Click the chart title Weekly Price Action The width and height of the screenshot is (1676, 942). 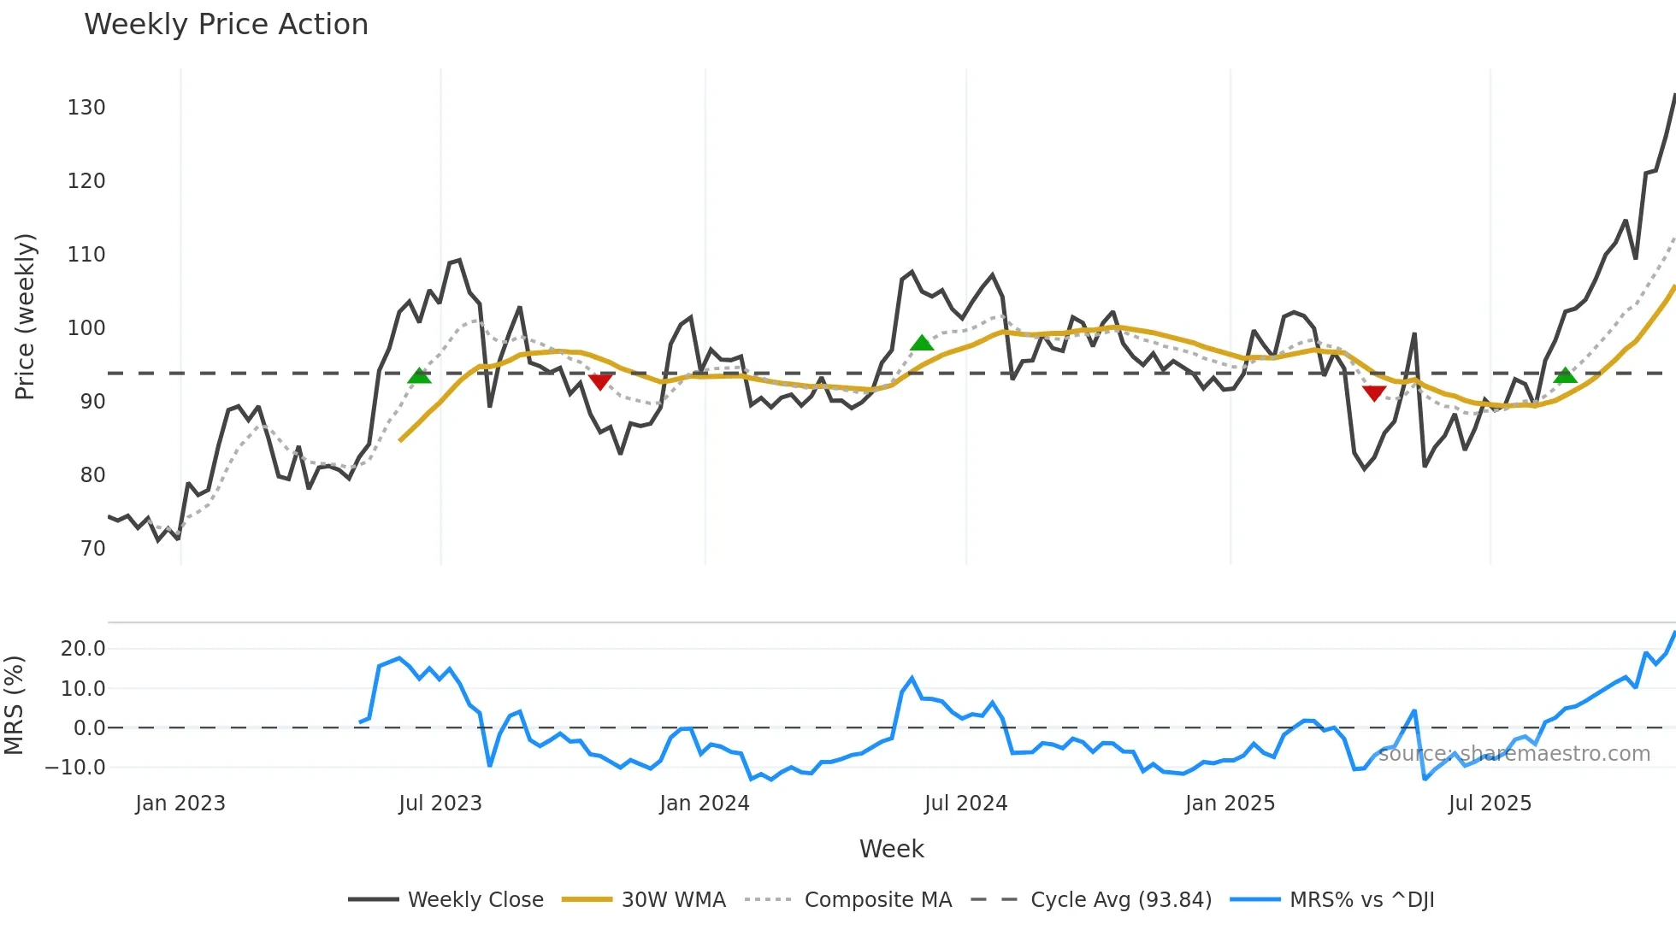pos(226,25)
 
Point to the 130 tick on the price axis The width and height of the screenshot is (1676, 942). pos(86,108)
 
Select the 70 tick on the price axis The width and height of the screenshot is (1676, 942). pos(92,549)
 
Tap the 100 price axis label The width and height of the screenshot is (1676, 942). pos(86,328)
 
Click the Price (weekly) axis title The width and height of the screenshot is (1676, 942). pos(25,316)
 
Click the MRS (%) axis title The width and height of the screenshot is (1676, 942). pos(14,705)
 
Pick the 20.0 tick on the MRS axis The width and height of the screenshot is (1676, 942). pos(83,649)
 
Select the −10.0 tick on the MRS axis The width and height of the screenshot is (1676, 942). pos(75,768)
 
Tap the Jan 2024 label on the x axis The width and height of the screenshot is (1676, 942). pos(704,804)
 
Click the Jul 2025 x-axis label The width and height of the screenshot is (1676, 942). pos(1490,804)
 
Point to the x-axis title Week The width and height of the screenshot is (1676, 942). pos(891,849)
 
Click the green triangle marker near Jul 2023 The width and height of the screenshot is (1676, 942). pos(419,376)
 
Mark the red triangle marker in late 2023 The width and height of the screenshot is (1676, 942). pos(600,381)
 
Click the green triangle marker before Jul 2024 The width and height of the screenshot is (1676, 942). pos(922,344)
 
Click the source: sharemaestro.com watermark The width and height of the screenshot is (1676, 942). pos(1514,754)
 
